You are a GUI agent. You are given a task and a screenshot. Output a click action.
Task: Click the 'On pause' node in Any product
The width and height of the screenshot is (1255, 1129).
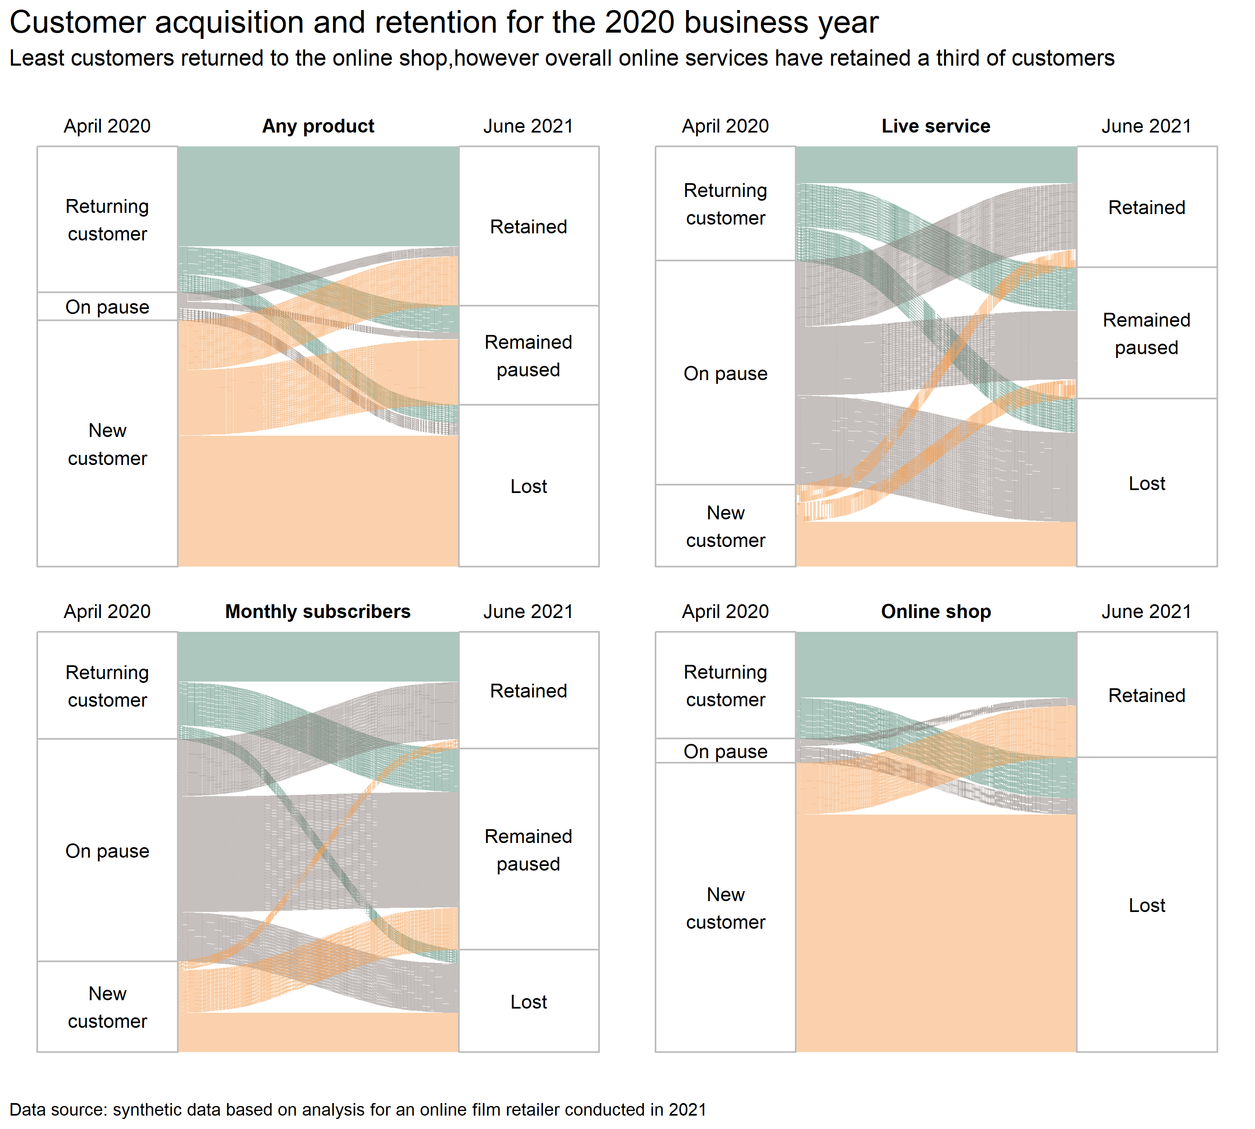[108, 307]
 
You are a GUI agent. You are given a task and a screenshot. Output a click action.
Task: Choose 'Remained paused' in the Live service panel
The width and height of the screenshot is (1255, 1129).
[1146, 334]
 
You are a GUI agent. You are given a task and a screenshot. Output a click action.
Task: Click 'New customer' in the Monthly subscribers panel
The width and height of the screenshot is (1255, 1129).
[108, 1007]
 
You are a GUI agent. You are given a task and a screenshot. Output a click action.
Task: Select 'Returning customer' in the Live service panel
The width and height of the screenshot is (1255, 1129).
[725, 204]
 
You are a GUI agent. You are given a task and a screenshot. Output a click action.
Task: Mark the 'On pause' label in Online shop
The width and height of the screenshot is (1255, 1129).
[725, 751]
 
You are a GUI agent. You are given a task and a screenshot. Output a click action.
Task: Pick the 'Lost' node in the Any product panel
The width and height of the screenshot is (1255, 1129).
[528, 486]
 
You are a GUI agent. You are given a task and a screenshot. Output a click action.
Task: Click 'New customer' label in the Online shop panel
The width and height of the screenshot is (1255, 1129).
[725, 908]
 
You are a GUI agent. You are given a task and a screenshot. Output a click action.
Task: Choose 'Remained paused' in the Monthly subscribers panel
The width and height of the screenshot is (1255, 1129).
[528, 850]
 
